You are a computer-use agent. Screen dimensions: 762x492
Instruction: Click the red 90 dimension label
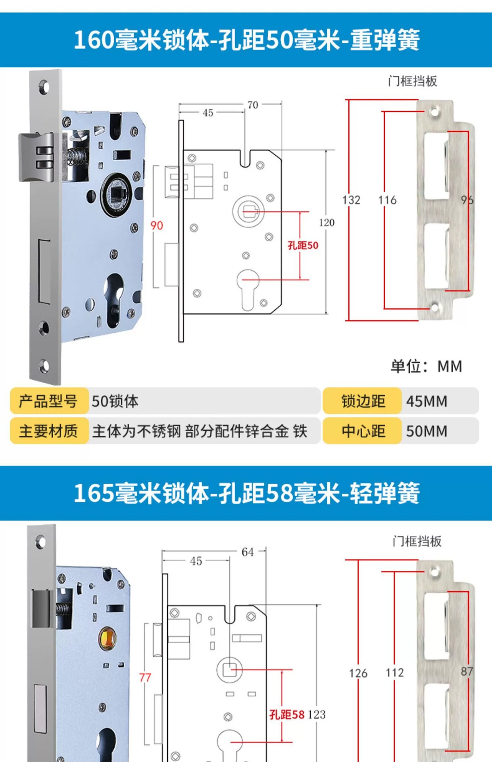point(157,225)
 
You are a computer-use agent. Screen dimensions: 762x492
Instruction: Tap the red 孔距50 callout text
point(303,245)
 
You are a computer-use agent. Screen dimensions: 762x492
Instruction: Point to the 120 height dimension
point(327,222)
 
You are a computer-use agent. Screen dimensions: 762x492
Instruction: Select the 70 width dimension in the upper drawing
point(253,105)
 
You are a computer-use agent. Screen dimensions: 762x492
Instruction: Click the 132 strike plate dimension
point(351,200)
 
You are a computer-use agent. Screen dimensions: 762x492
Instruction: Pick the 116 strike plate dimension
point(387,200)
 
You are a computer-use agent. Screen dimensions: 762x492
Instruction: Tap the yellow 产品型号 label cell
point(48,401)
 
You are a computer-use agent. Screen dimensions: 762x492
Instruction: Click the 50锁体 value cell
point(115,401)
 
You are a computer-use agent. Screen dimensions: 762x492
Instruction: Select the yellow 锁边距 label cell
point(363,401)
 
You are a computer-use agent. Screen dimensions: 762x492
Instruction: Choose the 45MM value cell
point(427,401)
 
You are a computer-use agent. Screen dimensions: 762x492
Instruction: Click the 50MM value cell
point(427,431)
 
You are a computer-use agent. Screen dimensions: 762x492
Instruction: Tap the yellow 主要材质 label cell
point(48,431)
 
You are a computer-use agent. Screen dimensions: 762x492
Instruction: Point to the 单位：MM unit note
point(426,366)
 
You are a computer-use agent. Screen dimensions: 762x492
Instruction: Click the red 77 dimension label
point(145,677)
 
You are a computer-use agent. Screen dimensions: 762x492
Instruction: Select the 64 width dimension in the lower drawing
point(248,552)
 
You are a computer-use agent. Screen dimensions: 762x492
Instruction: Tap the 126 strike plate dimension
point(358,673)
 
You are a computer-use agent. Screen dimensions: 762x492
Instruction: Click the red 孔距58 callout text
point(287,714)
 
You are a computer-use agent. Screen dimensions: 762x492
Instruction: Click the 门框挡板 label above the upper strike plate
point(413,81)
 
